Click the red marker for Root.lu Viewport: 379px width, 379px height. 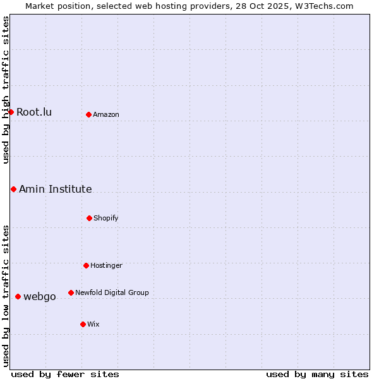[x=11, y=112]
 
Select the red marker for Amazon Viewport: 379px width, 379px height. [x=88, y=114]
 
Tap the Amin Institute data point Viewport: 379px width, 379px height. [x=13, y=189]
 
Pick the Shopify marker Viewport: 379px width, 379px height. [x=89, y=218]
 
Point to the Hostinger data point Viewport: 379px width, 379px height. [x=86, y=265]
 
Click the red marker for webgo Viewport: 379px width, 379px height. [x=18, y=296]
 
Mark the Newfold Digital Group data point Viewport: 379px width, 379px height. [x=71, y=292]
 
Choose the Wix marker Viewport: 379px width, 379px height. [x=83, y=324]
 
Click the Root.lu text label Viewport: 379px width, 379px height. [x=34, y=112]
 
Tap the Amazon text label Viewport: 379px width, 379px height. [x=106, y=115]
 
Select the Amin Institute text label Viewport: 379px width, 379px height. [x=56, y=189]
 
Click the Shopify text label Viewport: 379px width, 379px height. [x=106, y=219]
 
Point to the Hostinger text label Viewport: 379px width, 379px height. [x=106, y=266]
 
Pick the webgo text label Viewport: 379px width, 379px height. [x=40, y=297]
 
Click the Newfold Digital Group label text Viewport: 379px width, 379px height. [x=112, y=293]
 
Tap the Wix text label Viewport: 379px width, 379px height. [x=93, y=325]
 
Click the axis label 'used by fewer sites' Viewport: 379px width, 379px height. [x=65, y=374]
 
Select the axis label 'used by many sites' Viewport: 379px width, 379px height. [x=317, y=374]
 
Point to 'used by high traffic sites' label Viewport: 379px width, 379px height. [x=6, y=90]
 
